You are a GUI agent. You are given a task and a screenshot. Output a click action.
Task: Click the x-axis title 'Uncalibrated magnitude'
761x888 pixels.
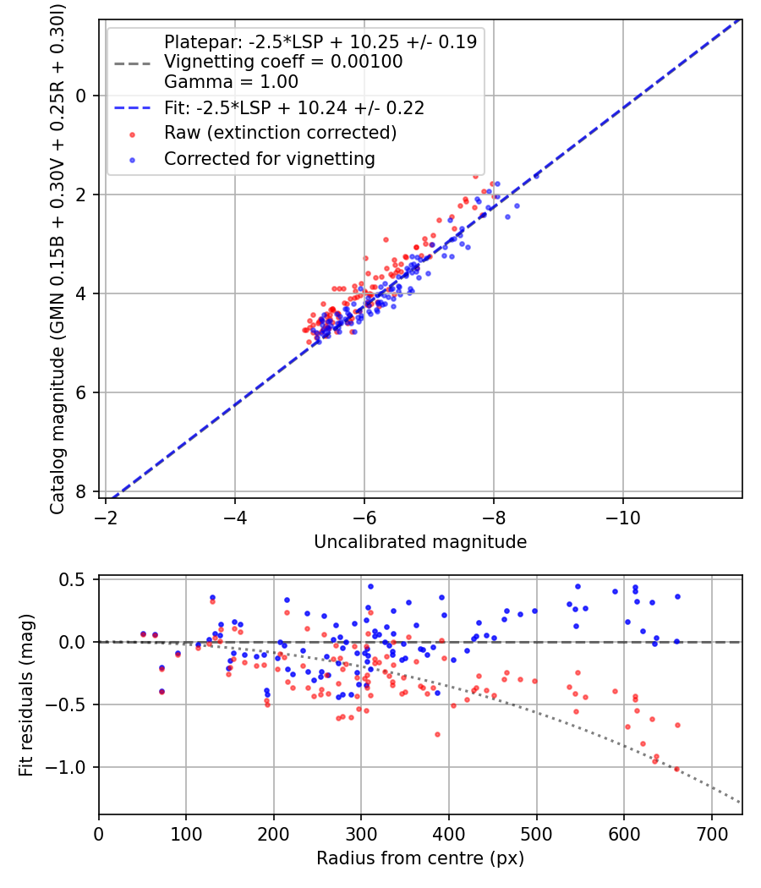420,542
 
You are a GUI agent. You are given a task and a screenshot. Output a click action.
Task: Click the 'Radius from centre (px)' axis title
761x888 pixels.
420,858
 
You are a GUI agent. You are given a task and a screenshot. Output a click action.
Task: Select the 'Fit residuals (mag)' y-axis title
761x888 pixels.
27,695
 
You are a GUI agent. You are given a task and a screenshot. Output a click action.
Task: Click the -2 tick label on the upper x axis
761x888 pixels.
107,517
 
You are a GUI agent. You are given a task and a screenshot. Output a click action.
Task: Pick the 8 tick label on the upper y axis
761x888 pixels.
81,491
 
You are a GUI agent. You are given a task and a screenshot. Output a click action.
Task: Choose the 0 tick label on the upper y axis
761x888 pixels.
81,96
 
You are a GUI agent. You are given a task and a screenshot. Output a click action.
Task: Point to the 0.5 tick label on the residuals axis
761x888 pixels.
75,580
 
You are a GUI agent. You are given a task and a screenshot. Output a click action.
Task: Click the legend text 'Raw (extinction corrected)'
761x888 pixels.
280,133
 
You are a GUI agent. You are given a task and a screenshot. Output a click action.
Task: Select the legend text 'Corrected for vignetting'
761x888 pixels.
269,158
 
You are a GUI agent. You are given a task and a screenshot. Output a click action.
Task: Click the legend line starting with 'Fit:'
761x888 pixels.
293,107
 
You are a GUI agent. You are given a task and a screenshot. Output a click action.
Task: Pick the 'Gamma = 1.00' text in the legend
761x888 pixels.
231,82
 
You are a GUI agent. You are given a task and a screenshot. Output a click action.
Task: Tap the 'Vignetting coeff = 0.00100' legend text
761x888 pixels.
283,62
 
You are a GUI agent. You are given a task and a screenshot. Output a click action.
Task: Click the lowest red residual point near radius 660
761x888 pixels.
676,769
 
